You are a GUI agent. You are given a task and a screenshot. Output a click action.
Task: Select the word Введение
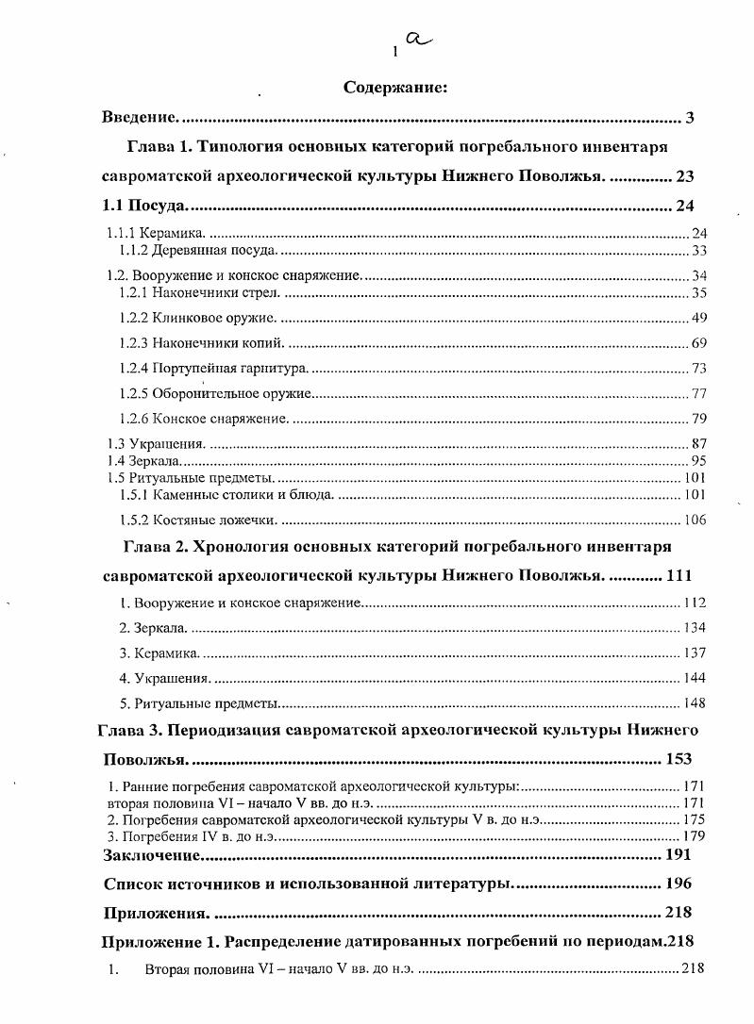click(x=140, y=118)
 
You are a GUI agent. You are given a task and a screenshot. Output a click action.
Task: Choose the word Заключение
click(x=152, y=855)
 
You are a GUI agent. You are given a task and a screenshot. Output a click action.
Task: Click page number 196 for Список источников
click(x=677, y=884)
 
